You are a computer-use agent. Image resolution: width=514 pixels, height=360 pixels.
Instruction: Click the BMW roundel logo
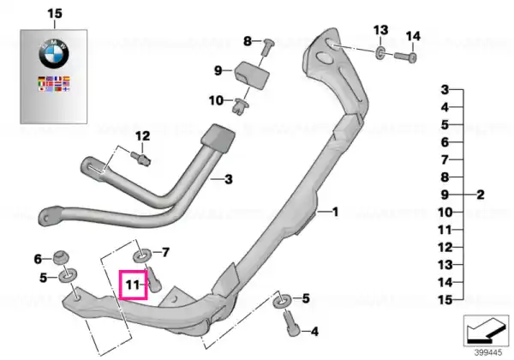54,54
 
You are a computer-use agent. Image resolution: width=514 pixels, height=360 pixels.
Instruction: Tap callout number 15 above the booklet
55,14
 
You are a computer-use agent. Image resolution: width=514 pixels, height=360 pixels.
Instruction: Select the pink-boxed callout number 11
133,285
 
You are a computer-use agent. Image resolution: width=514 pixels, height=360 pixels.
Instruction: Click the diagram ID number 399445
488,352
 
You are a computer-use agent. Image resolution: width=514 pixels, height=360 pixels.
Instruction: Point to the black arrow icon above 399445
486,330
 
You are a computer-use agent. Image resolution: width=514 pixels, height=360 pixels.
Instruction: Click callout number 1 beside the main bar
335,212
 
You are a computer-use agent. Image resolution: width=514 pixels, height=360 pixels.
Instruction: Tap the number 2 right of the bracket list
481,195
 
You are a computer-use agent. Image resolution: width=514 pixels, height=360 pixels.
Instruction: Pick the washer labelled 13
380,53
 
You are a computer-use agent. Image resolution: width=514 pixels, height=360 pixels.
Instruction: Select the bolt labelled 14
405,57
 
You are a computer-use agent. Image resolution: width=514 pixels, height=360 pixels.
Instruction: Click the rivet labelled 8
266,47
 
